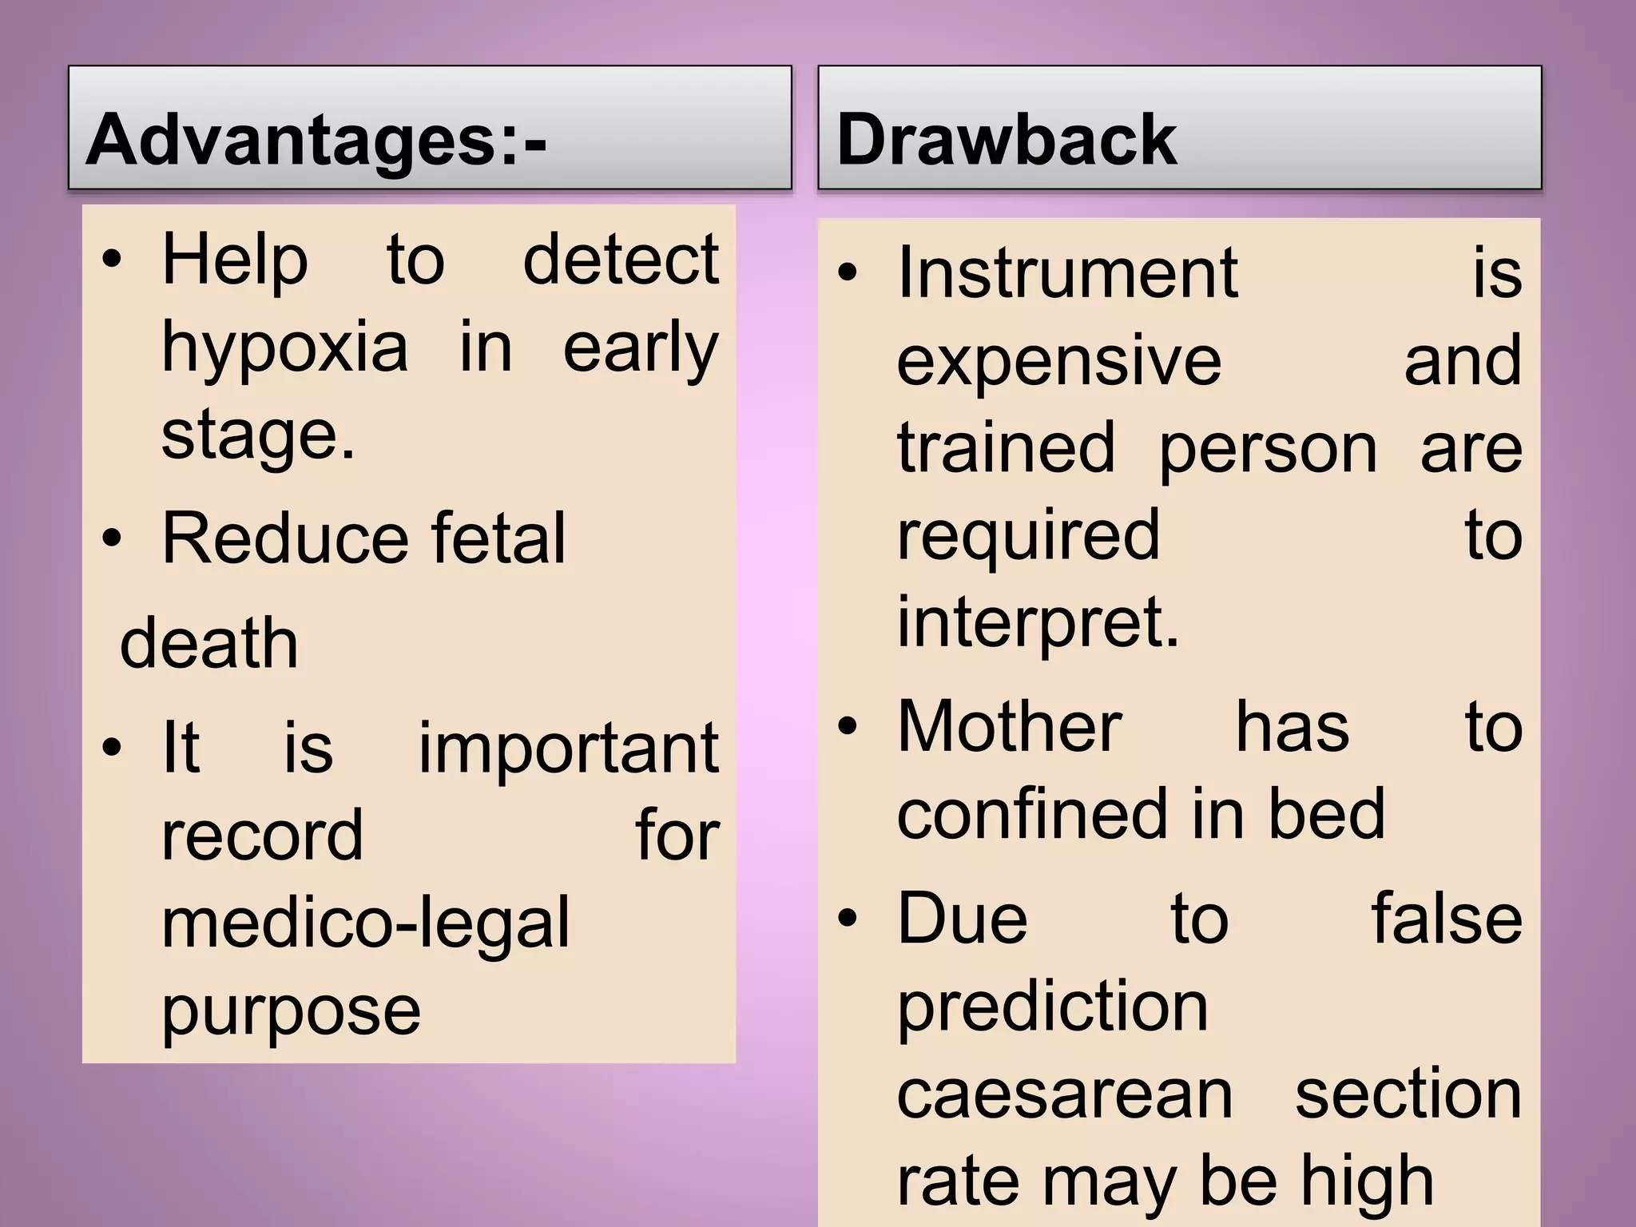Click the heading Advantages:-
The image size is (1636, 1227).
[x=316, y=140]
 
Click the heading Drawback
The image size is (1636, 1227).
[x=1007, y=140]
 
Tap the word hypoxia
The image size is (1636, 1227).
[x=285, y=348]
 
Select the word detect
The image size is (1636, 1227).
[x=621, y=260]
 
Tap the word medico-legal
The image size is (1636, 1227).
[x=366, y=923]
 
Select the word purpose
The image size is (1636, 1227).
[x=291, y=1011]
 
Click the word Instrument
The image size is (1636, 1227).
[x=1067, y=273]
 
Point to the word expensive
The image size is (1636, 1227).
[x=1059, y=362]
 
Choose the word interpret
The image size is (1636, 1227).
[x=1038, y=623]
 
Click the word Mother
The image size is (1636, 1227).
[x=1010, y=727]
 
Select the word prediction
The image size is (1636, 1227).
[x=1052, y=1007]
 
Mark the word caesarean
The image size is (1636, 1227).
[x=1065, y=1094]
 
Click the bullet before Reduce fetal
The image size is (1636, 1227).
[x=112, y=538]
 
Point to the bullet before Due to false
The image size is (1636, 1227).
[x=848, y=919]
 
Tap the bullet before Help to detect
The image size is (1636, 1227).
[x=112, y=260]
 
